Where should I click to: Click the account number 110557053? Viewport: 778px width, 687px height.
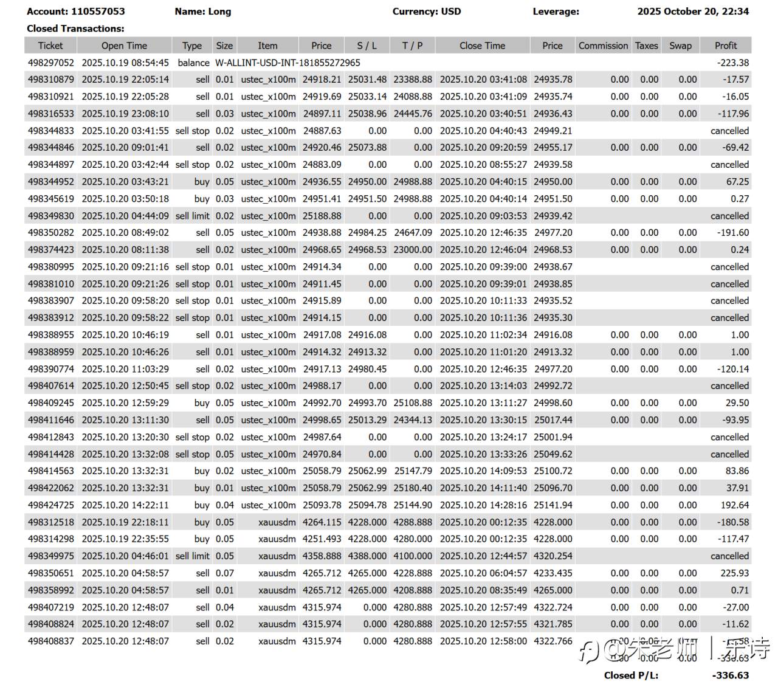[x=98, y=12]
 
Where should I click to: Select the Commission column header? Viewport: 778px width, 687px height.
[x=603, y=46]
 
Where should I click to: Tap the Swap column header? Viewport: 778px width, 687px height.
[x=680, y=46]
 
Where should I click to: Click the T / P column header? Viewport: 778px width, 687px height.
[x=412, y=46]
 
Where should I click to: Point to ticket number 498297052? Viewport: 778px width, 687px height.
[x=51, y=63]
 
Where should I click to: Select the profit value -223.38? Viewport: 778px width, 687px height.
[x=732, y=63]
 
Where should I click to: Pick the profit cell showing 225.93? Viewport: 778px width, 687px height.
[x=734, y=573]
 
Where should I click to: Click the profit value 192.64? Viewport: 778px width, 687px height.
[x=734, y=505]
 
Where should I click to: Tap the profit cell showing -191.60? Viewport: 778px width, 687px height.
[x=732, y=233]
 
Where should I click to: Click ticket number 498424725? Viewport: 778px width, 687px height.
[x=51, y=505]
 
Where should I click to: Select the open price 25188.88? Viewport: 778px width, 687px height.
[x=322, y=216]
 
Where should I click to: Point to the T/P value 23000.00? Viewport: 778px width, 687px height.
[x=413, y=250]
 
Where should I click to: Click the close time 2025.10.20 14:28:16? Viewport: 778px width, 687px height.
[x=483, y=505]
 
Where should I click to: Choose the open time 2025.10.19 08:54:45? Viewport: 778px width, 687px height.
[x=125, y=63]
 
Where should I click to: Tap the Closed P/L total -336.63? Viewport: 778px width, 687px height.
[x=730, y=675]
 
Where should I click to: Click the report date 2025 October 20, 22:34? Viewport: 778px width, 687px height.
[x=693, y=12]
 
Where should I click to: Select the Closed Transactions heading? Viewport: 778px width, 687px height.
[x=75, y=29]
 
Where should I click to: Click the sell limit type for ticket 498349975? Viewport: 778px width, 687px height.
[x=192, y=556]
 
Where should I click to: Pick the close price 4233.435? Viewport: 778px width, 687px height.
[x=553, y=573]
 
